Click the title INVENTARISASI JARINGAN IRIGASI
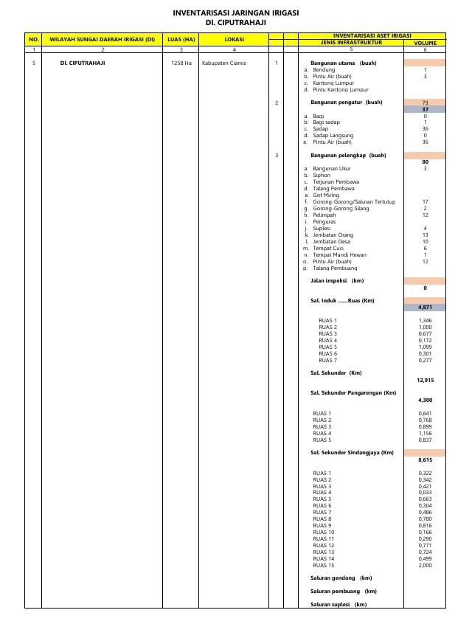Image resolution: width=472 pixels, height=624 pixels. click(x=235, y=13)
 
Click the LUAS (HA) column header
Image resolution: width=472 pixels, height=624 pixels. click(x=181, y=39)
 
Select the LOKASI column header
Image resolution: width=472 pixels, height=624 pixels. click(x=235, y=39)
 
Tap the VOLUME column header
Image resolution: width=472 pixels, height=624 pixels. click(x=425, y=43)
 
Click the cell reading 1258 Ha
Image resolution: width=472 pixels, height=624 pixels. click(x=181, y=63)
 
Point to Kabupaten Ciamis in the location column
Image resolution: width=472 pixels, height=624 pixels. click(x=224, y=63)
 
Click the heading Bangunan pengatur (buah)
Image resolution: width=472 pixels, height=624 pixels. click(x=346, y=103)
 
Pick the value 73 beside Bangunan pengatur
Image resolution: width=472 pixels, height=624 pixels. click(x=425, y=103)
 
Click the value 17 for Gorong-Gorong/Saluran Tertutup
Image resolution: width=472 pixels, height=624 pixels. click(x=425, y=201)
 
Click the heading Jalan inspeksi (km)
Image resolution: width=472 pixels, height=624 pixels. click(x=336, y=281)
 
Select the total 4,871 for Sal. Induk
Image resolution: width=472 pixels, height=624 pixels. click(x=425, y=307)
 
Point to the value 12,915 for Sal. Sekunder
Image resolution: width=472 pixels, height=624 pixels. click(x=425, y=380)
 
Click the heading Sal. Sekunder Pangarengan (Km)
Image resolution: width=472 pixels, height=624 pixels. click(x=353, y=393)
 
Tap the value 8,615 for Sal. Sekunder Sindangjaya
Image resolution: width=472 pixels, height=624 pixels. click(x=425, y=460)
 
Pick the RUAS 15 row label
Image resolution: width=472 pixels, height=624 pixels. click(x=324, y=565)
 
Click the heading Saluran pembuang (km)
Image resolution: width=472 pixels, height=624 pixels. click(x=343, y=592)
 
